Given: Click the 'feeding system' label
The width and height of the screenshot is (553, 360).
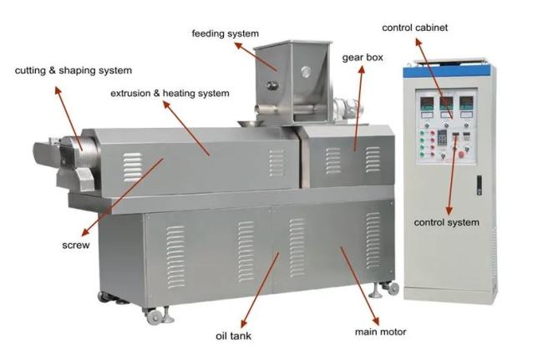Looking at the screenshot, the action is coord(225,33).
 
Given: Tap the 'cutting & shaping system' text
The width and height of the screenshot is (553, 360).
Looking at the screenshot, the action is coord(74,70).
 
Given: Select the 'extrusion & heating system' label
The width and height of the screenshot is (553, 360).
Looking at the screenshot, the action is coord(170,94).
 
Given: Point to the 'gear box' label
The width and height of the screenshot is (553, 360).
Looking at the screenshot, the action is coord(363,58).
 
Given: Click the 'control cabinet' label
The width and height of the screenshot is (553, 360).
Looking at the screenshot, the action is coord(414,28).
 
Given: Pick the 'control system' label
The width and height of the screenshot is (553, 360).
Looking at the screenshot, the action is coord(446,222).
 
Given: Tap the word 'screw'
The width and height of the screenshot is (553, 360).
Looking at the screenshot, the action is coord(76,246).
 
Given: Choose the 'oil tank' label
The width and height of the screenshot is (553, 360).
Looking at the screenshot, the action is coord(233,336).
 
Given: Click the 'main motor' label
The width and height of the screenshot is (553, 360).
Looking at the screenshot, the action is coord(381,332).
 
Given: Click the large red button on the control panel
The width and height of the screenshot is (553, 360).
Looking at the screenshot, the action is coord(461,155).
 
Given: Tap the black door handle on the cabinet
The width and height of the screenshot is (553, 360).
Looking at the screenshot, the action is coord(479,185).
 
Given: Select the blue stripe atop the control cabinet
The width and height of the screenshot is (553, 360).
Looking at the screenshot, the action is coord(447,72).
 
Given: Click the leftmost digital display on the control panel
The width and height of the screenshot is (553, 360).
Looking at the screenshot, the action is coord(427,103).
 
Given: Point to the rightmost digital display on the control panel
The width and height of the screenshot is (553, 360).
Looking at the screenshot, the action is coord(466,103).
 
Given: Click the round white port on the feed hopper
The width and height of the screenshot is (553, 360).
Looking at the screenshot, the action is coord(306,72).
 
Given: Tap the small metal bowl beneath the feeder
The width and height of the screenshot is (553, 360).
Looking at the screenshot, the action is coord(251,124).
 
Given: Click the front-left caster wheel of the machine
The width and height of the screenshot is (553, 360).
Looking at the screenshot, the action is coord(154,317).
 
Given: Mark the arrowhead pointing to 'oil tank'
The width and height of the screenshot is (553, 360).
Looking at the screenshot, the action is coord(243,324).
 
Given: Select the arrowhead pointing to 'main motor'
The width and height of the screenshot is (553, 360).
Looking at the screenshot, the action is coord(376,321).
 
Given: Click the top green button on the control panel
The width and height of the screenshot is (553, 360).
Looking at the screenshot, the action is coord(422,133).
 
